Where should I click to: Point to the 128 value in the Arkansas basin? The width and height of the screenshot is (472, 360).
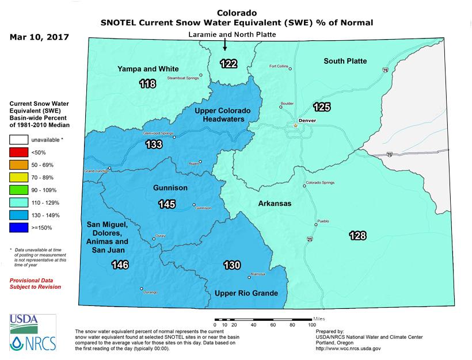[x=357, y=235]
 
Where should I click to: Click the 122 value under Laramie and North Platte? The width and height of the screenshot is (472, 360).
[x=229, y=64]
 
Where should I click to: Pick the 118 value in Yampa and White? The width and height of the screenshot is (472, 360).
[x=148, y=85]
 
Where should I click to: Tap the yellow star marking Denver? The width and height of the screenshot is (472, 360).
[x=295, y=125]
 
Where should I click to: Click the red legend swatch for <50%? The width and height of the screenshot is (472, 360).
[x=20, y=152]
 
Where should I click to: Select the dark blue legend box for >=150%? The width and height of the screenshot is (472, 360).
[x=20, y=228]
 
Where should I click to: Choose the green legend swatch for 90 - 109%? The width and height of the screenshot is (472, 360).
[x=20, y=190]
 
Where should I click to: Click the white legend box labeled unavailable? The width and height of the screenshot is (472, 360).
[x=20, y=139]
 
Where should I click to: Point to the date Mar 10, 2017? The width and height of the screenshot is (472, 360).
[x=40, y=38]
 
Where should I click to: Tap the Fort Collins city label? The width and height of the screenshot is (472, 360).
[x=278, y=66]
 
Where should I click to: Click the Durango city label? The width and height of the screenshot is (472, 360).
[x=150, y=293]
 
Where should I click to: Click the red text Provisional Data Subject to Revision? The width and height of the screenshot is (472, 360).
[x=35, y=283]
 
